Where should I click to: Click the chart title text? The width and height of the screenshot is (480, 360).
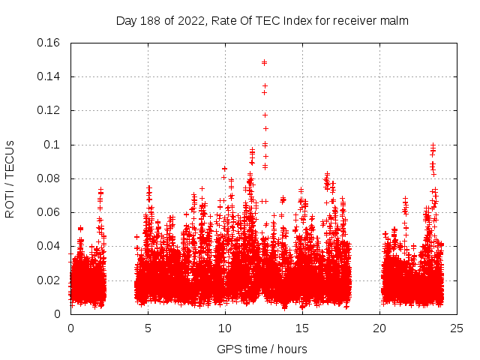pos(262,21)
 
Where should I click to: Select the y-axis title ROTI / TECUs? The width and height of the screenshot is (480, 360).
pos(10,178)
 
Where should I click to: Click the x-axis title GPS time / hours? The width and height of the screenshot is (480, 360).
pos(262,349)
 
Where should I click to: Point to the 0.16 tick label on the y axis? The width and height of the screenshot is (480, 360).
pos(49,43)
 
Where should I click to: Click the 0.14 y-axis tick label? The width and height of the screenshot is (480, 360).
pos(49,76)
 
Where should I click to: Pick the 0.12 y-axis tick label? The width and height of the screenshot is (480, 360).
pos(49,110)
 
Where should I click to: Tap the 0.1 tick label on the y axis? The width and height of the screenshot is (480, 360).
pos(53,145)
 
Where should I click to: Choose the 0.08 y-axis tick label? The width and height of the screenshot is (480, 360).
pos(49,178)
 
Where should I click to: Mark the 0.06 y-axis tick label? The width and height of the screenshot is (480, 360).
pos(49,212)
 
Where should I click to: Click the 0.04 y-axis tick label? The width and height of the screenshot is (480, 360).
pos(49,246)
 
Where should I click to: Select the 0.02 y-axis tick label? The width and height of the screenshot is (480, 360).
pos(49,280)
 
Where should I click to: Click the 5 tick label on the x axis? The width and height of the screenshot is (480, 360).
pos(148,328)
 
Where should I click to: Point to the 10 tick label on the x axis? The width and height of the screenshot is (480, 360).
pos(225,328)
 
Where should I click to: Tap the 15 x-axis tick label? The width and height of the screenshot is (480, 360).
pos(302,328)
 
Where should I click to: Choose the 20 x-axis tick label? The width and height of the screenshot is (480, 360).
pos(379,328)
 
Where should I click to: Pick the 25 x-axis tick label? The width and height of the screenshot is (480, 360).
pos(457,328)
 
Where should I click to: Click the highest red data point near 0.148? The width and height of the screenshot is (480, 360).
pos(264,62)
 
